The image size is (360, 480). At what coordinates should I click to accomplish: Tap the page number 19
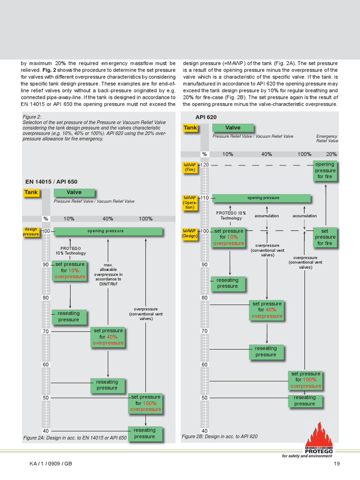(x=336, y=464)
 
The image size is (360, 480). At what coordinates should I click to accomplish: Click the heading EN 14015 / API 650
(x=51, y=182)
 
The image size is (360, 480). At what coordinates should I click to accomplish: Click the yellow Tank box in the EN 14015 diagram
(x=31, y=192)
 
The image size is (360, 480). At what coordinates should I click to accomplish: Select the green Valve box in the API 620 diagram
(x=232, y=127)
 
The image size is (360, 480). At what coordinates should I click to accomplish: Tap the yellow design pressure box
(x=31, y=232)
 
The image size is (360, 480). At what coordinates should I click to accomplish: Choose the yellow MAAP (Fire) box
(x=190, y=167)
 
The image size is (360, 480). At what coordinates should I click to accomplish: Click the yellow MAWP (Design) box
(x=190, y=233)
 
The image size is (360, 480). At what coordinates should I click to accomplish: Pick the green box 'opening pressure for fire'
(x=325, y=171)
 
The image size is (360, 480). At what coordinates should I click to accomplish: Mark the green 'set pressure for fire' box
(x=325, y=237)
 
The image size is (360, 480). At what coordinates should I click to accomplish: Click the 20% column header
(x=331, y=154)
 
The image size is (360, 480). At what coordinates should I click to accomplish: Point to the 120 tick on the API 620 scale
(x=205, y=165)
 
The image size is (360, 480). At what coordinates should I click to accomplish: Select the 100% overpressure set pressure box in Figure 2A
(x=145, y=403)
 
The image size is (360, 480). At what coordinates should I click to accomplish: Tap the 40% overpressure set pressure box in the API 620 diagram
(x=267, y=310)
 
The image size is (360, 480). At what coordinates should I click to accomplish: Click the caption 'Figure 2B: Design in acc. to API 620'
(x=219, y=436)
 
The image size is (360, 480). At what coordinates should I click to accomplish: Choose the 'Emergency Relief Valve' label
(x=327, y=138)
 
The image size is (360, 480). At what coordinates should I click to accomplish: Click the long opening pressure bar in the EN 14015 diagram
(x=108, y=231)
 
